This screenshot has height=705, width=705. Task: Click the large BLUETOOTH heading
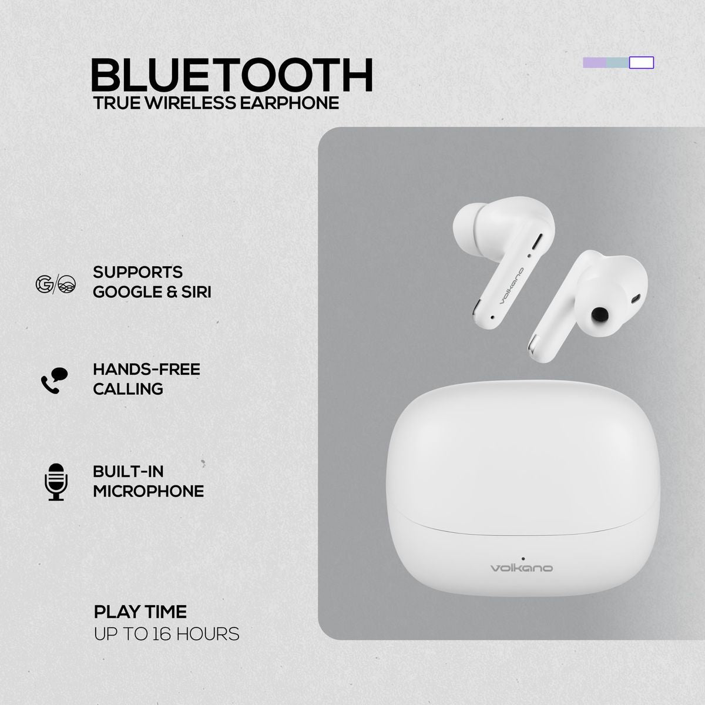(232, 75)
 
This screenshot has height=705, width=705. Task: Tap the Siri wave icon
(66, 284)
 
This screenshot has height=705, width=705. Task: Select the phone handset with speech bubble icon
(54, 380)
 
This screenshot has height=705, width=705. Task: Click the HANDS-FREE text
(146, 370)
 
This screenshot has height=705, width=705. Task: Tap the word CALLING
(128, 389)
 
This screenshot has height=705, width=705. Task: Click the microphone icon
(56, 481)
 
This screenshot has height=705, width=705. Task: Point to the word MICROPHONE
(149, 491)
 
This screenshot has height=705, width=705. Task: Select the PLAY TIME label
(140, 612)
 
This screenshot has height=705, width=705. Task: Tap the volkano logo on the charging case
(522, 568)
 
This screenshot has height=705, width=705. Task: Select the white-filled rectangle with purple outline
(642, 63)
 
